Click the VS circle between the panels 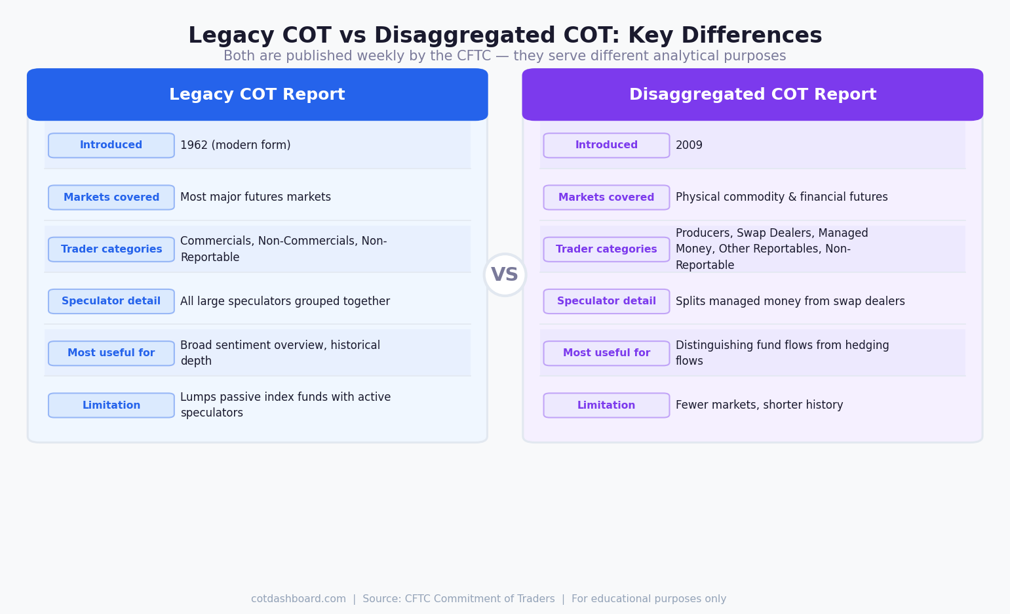(505, 275)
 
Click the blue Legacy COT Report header (257, 94)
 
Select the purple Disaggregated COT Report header (752, 94)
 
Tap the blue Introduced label (111, 146)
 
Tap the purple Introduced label (606, 146)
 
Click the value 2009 (689, 146)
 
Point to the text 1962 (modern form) (235, 146)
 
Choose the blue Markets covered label (111, 197)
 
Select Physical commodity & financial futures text (781, 197)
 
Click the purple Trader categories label (606, 249)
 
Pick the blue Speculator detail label (111, 301)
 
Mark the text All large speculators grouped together (285, 302)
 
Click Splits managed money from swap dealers (790, 302)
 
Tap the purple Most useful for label (606, 353)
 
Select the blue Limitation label (111, 405)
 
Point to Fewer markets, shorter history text (759, 405)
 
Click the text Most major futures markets (256, 197)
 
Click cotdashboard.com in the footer (298, 599)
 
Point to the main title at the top (505, 35)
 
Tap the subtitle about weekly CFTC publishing (505, 56)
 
